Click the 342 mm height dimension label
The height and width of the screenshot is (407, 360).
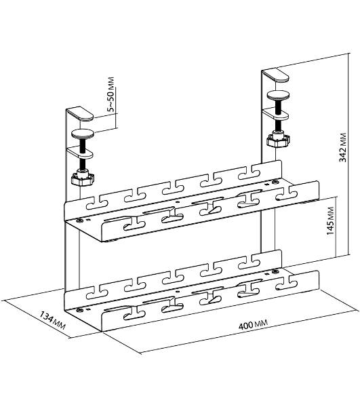pos(343,147)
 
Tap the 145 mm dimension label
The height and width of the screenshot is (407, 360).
pos(330,221)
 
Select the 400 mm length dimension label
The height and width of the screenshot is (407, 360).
pos(253,324)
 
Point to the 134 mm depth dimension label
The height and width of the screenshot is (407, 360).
pos(52,320)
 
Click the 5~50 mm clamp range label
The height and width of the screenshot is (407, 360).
pos(111,94)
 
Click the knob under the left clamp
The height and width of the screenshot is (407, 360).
pos(83,178)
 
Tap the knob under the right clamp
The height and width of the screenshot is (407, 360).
pos(278,140)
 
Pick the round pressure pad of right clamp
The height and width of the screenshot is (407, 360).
pos(279,95)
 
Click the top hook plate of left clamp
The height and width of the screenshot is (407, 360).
pos(80,114)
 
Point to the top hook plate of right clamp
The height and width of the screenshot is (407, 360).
pos(275,75)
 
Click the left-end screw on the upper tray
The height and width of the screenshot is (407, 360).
pos(79,221)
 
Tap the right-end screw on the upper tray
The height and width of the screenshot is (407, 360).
pos(275,182)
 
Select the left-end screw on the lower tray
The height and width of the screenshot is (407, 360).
pos(79,310)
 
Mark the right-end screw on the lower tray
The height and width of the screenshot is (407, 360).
pos(274,272)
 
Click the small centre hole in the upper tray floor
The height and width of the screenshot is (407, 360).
pos(177,201)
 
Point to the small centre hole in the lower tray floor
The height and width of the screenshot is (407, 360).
pos(177,292)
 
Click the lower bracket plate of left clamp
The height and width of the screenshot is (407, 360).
pos(81,153)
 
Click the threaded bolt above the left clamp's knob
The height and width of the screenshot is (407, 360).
pos(83,154)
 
